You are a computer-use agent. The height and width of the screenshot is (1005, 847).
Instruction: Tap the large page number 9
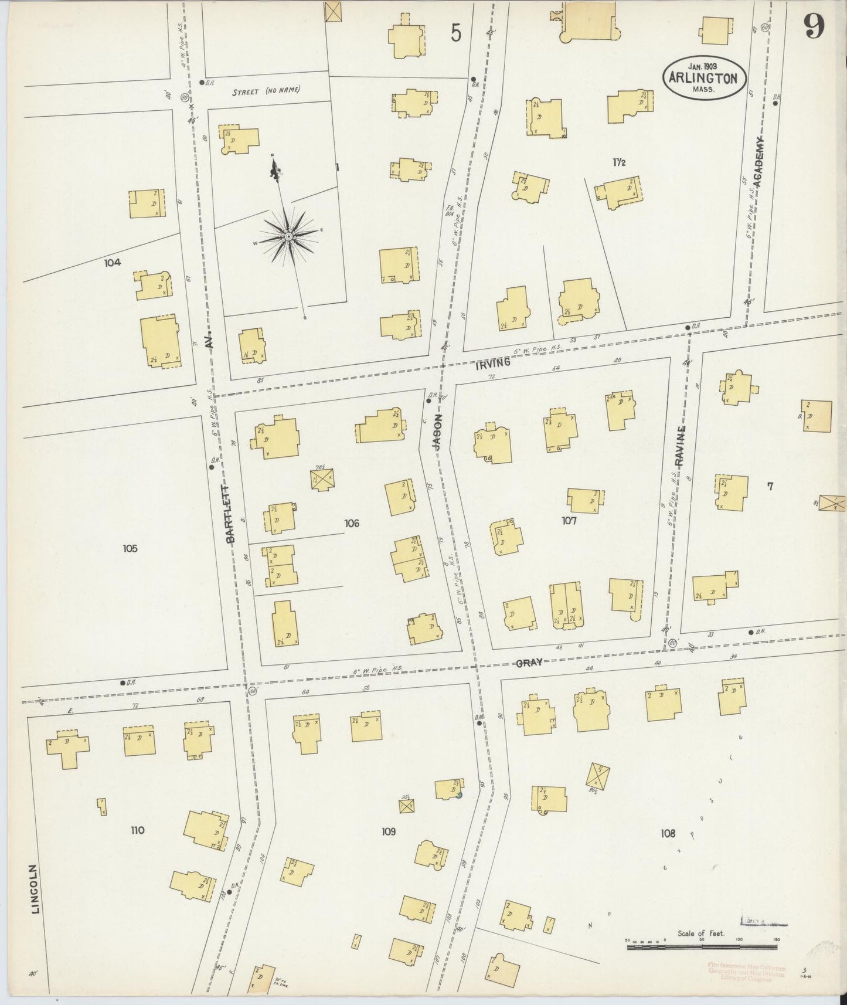tap(814, 25)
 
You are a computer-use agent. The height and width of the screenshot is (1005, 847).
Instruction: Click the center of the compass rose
tap(288, 236)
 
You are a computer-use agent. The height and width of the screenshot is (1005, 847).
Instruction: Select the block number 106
tap(352, 523)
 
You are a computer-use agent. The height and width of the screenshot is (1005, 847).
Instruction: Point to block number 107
tap(569, 520)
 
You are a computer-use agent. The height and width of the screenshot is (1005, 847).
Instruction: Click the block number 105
tap(130, 548)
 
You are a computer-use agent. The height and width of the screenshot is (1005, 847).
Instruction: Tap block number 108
tap(668, 833)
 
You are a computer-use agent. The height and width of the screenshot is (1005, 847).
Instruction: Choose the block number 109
tap(388, 831)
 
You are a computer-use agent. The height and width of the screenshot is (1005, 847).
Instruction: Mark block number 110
tap(137, 830)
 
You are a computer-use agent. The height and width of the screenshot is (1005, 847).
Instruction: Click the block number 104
tap(113, 263)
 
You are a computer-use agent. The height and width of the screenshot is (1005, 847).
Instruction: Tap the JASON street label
tap(437, 432)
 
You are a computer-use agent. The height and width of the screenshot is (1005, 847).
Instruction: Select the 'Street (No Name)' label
tap(266, 91)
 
